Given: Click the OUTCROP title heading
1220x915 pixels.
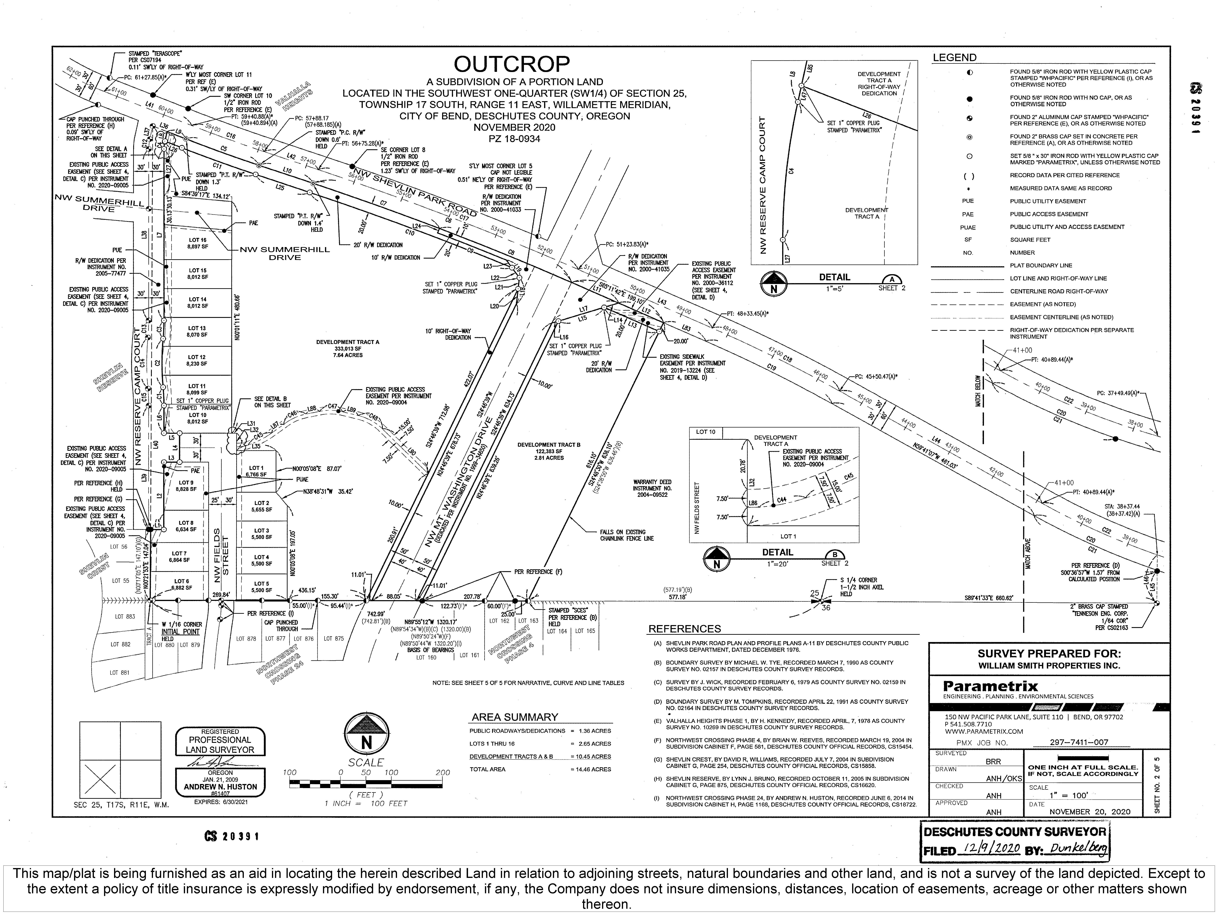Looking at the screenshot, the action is [x=511, y=65].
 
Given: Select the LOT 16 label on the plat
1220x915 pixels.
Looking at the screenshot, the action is [x=197, y=240].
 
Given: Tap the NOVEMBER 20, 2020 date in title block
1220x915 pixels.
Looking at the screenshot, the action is [x=1089, y=811].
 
